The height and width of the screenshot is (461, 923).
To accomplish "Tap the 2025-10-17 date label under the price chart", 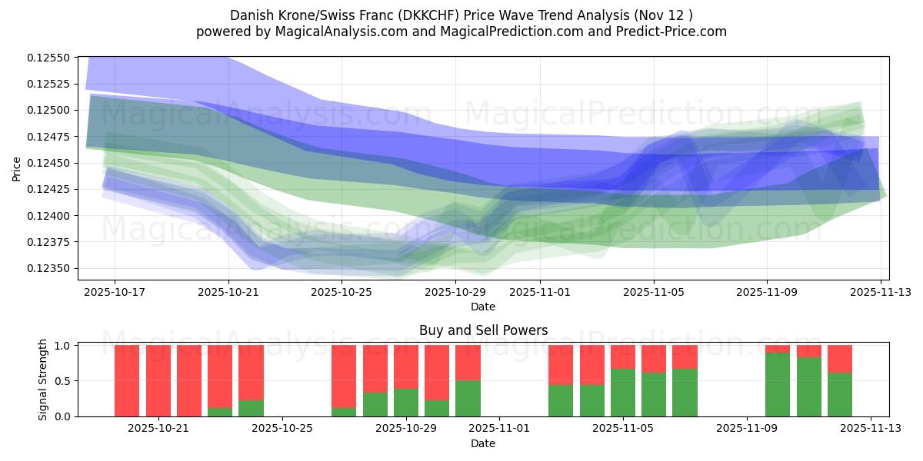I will [x=115, y=292].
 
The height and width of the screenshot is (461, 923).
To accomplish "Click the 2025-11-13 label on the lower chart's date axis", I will [x=871, y=428].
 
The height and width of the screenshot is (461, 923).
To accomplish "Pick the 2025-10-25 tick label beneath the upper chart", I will [x=342, y=292].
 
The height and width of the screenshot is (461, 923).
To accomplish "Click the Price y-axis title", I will [x=17, y=168].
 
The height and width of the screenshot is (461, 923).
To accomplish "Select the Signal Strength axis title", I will [x=43, y=380].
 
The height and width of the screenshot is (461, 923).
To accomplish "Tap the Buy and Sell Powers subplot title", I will [x=483, y=330].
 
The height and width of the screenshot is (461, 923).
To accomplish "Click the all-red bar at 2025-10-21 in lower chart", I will [x=158, y=380].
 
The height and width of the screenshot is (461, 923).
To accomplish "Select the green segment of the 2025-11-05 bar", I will [x=623, y=393].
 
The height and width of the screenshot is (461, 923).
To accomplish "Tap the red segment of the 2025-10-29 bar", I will [x=406, y=366].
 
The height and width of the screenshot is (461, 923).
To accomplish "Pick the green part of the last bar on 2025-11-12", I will [x=840, y=394].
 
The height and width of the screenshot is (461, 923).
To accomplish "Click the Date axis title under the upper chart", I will [x=483, y=307].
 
